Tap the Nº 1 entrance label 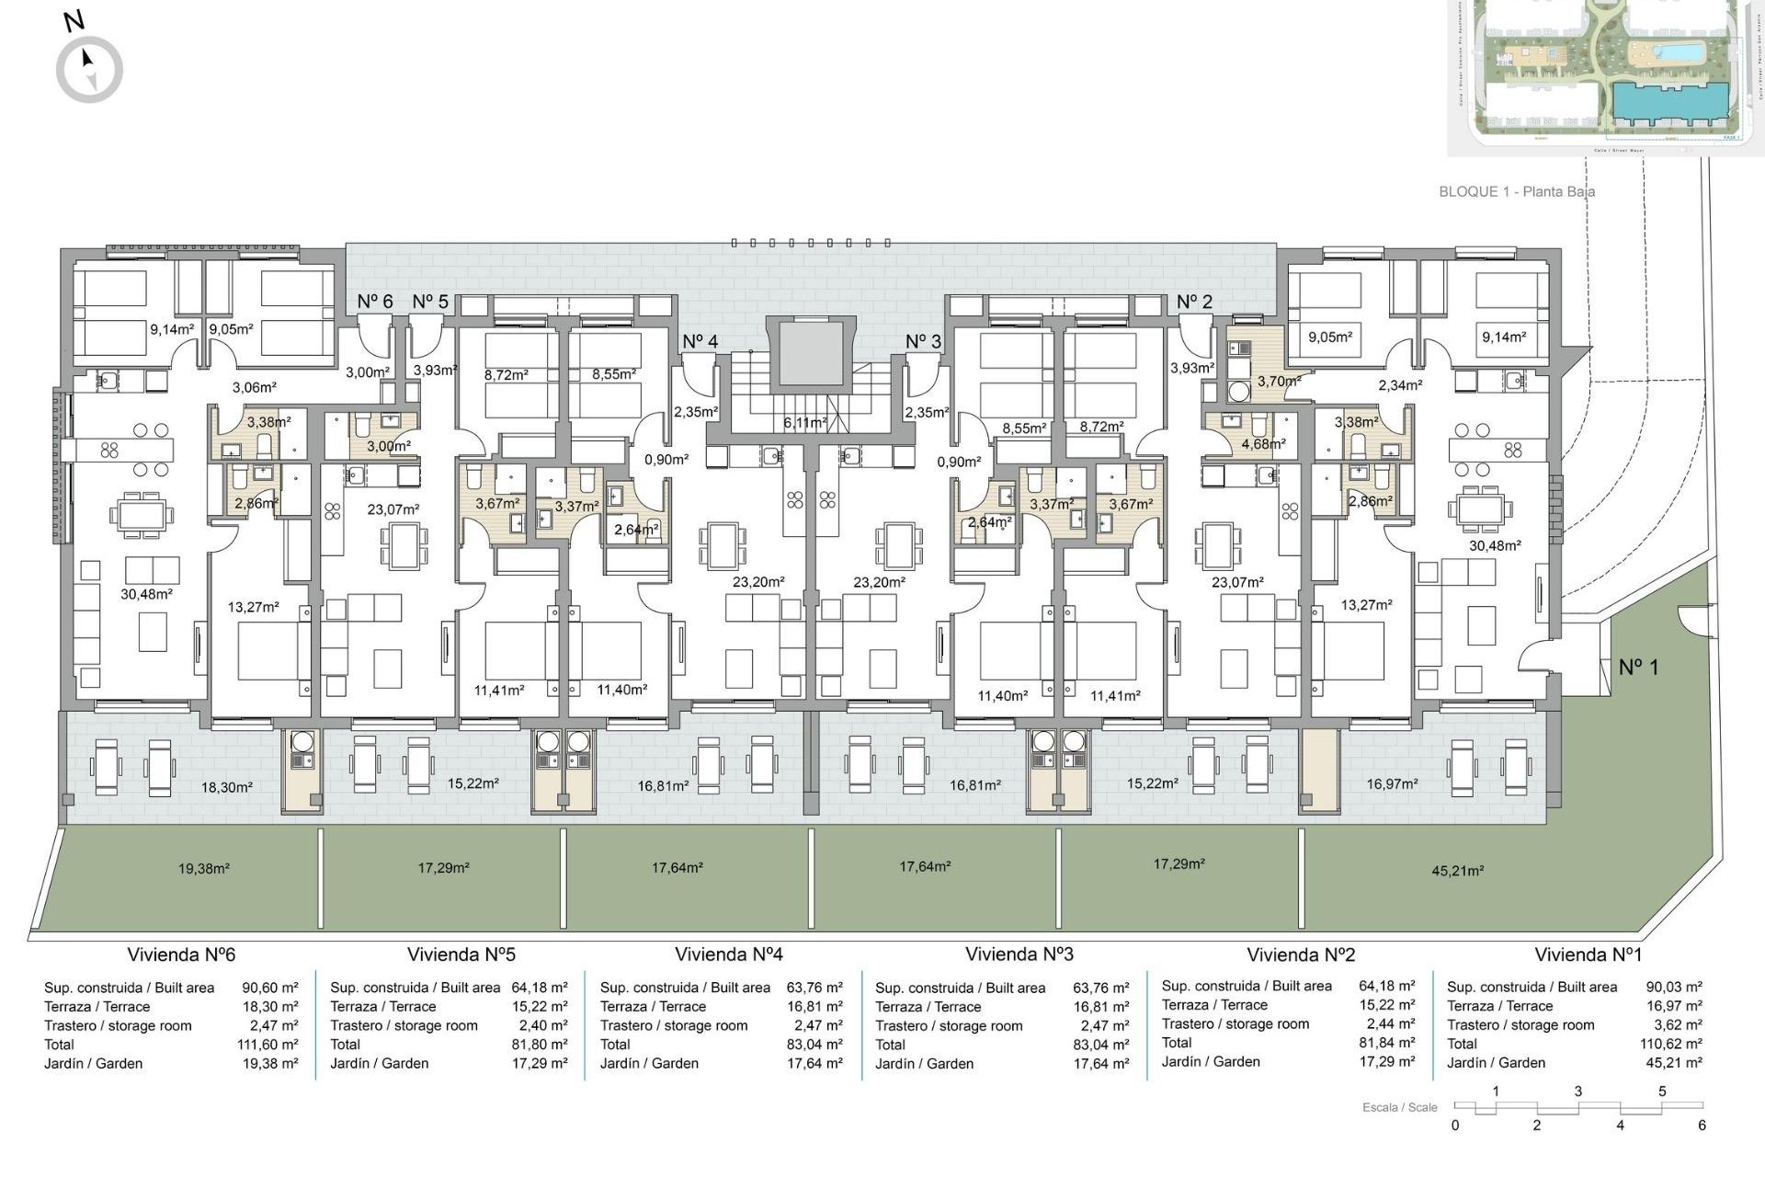coord(1639,668)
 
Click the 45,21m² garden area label coord(1457,871)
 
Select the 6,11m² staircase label coord(804,423)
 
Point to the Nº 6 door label coord(374,302)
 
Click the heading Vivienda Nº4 coord(728,954)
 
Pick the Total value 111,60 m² coord(268,1045)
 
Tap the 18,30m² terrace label coord(226,787)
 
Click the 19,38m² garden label coord(203,868)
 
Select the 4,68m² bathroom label coord(1263,443)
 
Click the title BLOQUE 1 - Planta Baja coord(1516,191)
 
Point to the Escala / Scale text coord(1399,1107)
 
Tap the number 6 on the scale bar coord(1702,1126)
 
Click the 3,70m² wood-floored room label coord(1279,381)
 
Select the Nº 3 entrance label coord(923,341)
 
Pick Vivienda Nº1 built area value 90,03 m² coord(1673,987)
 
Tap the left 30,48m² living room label coord(146,594)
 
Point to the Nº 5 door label coord(430,302)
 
